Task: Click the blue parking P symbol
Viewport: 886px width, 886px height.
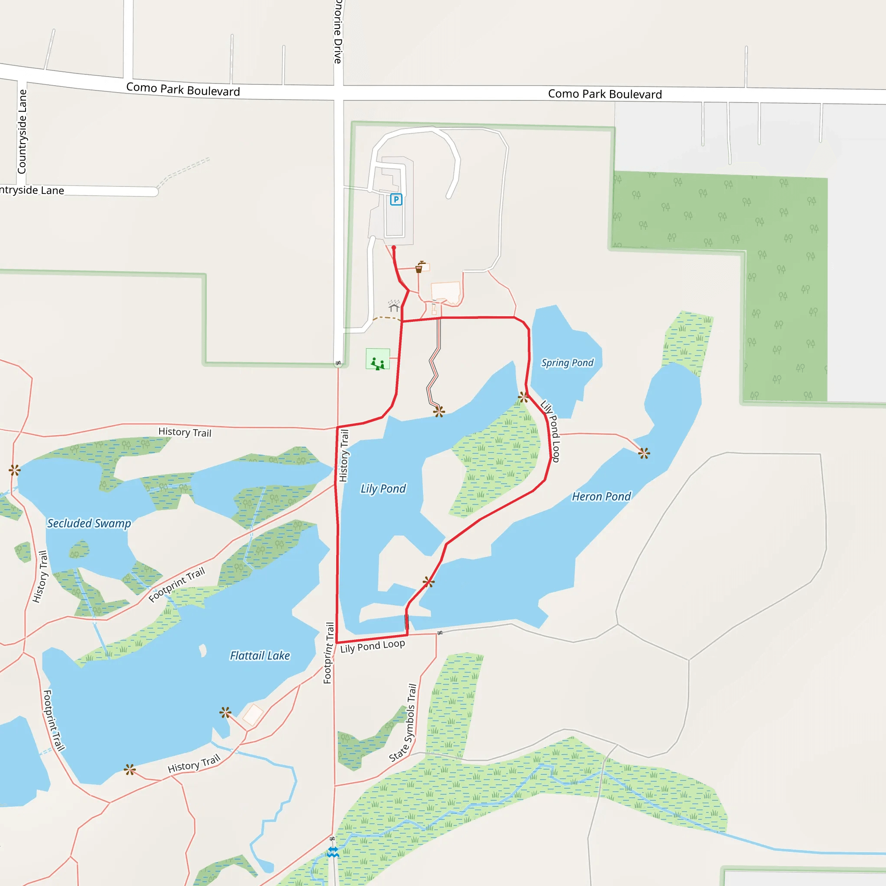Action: click(x=396, y=199)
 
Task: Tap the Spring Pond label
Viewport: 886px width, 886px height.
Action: click(x=567, y=363)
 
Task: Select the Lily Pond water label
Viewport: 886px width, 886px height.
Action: click(x=383, y=488)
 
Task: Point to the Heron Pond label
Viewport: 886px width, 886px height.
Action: click(x=601, y=496)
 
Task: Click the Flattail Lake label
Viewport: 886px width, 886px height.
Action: click(x=260, y=655)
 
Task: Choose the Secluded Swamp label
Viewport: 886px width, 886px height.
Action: click(x=89, y=523)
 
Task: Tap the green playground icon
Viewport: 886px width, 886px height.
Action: click(x=377, y=359)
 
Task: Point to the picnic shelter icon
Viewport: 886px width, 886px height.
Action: click(x=394, y=305)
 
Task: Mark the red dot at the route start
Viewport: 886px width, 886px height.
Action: click(x=394, y=247)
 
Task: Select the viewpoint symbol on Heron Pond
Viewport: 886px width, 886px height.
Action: click(x=644, y=453)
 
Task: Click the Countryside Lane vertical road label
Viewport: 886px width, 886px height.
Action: click(x=22, y=132)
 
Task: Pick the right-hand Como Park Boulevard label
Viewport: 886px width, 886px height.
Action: click(x=605, y=94)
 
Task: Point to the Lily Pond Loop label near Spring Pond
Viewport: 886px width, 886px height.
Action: click(x=551, y=431)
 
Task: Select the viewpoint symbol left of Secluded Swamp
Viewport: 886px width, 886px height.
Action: click(x=15, y=470)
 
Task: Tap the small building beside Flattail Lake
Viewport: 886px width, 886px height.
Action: click(x=252, y=715)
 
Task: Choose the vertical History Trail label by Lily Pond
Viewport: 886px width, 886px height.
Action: click(x=343, y=456)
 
